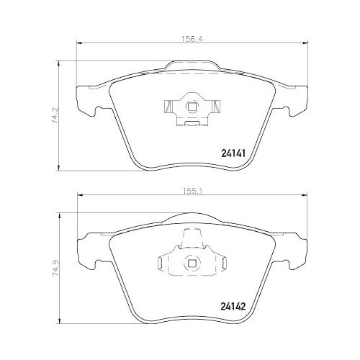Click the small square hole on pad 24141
(x=192, y=108)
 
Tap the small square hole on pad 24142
(x=192, y=261)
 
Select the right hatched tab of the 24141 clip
(x=214, y=109)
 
